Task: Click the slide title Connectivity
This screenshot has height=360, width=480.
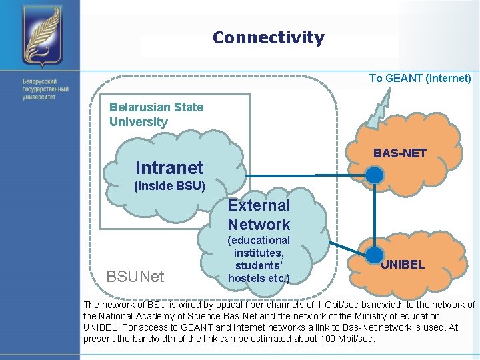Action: (268, 38)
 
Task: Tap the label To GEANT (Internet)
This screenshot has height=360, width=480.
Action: (420, 79)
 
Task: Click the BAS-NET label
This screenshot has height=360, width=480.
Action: (399, 154)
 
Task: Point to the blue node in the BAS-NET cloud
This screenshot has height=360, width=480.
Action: (376, 175)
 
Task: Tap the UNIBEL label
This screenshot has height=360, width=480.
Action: (403, 265)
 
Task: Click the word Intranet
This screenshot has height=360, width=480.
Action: (169, 167)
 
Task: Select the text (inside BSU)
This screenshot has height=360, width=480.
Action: (169, 186)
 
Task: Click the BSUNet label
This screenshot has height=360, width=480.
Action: (135, 276)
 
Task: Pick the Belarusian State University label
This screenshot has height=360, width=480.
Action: (156, 114)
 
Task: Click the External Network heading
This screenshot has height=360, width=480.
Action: (259, 215)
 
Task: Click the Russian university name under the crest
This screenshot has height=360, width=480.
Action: (45, 89)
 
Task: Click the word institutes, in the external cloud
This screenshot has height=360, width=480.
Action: (259, 253)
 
